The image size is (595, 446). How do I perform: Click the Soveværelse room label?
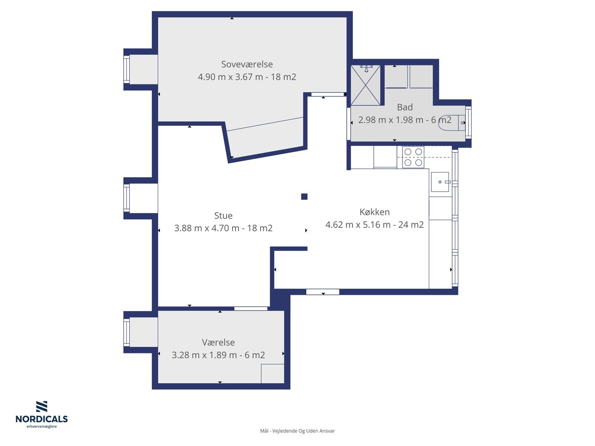(x=246, y=64)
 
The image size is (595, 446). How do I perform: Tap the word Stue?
(x=223, y=215)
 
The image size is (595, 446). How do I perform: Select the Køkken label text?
(x=374, y=212)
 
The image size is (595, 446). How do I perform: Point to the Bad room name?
(x=405, y=107)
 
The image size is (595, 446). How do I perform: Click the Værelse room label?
(x=218, y=342)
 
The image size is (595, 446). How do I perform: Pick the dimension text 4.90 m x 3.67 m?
(x=230, y=77)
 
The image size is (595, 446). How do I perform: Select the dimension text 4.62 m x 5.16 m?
(x=358, y=225)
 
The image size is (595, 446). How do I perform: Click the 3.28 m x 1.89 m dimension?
(x=204, y=355)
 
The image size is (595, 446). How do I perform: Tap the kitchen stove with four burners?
(x=413, y=157)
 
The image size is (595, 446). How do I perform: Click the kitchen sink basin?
(x=440, y=182)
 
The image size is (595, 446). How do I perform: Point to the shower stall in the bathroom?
(x=365, y=85)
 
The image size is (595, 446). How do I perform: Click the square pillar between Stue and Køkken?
(x=304, y=197)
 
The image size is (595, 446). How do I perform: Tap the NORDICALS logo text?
(x=42, y=419)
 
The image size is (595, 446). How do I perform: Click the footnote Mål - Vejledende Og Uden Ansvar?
(x=297, y=431)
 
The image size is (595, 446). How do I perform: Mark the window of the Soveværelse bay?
(x=126, y=70)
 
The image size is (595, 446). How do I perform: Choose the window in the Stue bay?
(x=126, y=198)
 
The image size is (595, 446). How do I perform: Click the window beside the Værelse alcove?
(x=126, y=333)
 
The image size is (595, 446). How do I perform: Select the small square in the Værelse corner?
(x=272, y=374)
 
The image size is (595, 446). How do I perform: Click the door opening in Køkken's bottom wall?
(x=323, y=292)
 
